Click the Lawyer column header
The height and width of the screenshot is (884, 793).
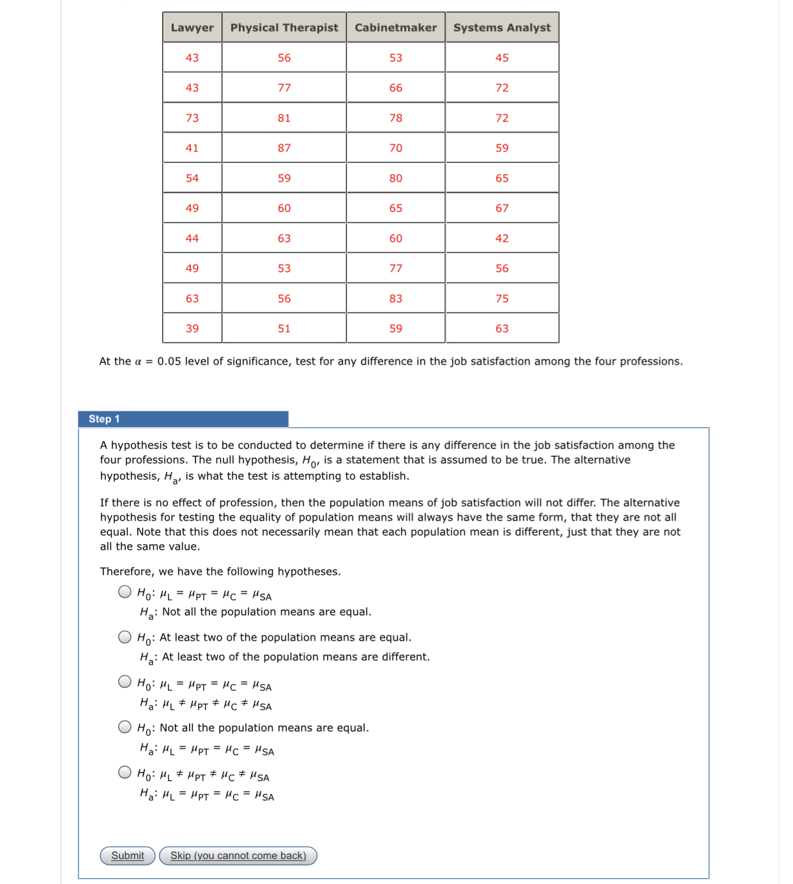[x=192, y=27]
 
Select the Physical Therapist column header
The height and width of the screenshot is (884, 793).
[x=284, y=27]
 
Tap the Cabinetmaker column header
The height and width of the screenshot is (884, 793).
[x=396, y=27]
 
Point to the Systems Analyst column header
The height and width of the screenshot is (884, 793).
[x=502, y=27]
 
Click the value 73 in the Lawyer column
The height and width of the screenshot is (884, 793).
[x=192, y=118]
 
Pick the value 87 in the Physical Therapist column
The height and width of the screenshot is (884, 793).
[x=284, y=148]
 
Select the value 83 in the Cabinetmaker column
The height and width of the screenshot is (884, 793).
[x=396, y=298]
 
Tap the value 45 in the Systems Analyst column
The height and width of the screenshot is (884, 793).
[x=502, y=58]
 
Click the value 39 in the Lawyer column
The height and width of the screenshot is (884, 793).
[x=192, y=328]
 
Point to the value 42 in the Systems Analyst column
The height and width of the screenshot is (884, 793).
[x=502, y=238]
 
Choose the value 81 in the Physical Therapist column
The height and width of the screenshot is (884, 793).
[x=284, y=118]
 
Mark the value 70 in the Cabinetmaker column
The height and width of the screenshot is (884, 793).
[x=396, y=148]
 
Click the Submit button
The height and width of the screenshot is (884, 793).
[x=128, y=856]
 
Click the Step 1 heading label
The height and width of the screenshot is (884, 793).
[x=104, y=419]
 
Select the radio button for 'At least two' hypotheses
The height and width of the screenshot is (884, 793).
[x=125, y=637]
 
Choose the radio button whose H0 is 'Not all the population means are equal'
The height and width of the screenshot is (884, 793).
[x=125, y=727]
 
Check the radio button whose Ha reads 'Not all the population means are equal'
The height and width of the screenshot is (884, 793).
[x=125, y=592]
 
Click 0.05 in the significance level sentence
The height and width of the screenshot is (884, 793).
[x=169, y=362]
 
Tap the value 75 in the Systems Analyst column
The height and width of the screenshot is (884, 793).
[x=502, y=298]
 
